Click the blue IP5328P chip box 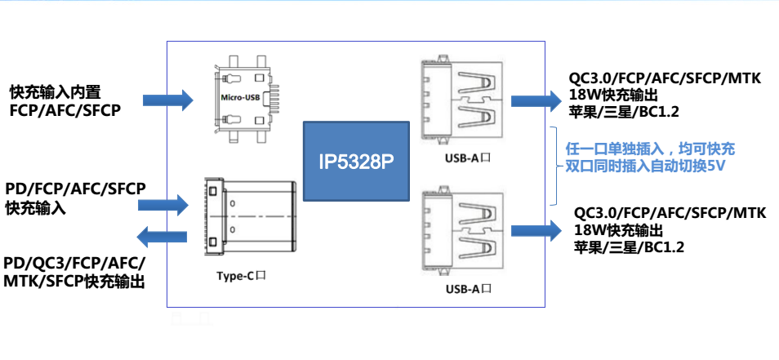coord(356,162)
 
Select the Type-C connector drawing coord(251,217)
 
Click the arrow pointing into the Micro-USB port coord(168,100)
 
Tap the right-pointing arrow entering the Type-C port coord(163,205)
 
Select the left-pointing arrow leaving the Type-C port coord(162,237)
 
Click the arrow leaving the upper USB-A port coord(536,100)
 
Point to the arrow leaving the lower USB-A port coord(536,230)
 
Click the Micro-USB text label coord(240,97)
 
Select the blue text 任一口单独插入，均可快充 coord(650,149)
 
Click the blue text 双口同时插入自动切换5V coord(644,167)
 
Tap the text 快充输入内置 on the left coord(56,92)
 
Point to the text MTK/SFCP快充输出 coord(74,282)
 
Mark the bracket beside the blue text coord(556,166)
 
